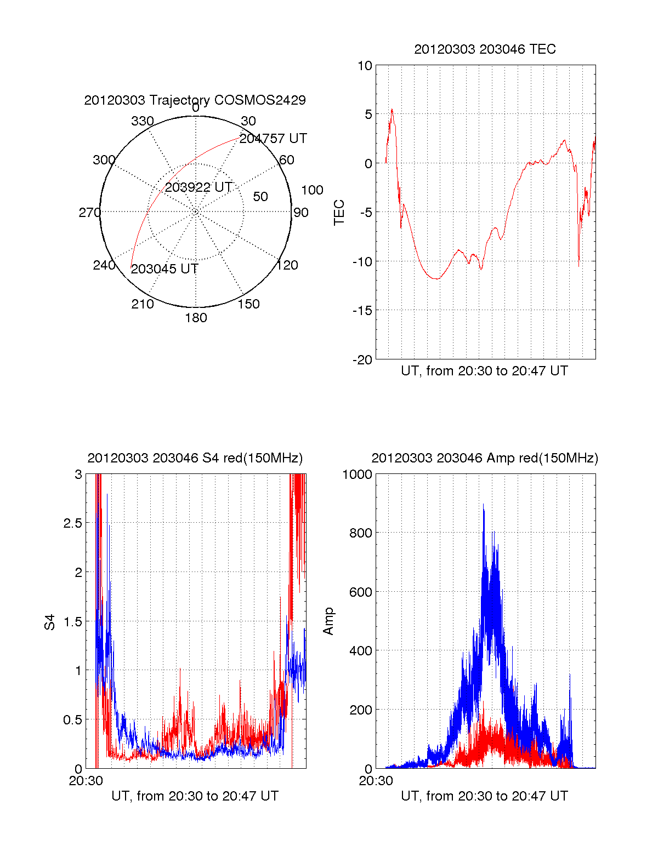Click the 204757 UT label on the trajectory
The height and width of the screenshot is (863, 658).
click(273, 139)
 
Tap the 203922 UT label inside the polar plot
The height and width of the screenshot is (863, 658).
click(198, 187)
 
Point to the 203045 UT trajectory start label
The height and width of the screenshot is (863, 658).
click(164, 269)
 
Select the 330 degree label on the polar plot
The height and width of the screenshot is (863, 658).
click(143, 121)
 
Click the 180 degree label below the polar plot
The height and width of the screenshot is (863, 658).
click(196, 318)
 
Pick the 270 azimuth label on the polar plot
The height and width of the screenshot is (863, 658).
click(90, 213)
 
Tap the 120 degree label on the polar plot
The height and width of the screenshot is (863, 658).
click(287, 265)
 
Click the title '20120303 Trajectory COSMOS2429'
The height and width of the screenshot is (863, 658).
click(195, 100)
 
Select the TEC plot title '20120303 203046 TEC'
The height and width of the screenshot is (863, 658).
click(485, 49)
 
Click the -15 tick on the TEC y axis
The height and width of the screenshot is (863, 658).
click(362, 311)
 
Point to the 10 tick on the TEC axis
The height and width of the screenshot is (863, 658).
click(365, 66)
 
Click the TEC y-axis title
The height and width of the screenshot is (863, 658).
click(339, 212)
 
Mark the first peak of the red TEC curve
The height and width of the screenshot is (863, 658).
click(392, 109)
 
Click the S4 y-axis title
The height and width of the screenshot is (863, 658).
click(50, 622)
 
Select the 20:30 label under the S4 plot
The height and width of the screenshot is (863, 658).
click(86, 781)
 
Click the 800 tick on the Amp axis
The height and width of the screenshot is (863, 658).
click(360, 533)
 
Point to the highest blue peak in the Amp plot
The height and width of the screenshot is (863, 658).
click(483, 505)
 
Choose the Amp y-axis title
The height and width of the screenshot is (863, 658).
click(328, 621)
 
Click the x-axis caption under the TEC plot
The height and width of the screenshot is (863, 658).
click(484, 371)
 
